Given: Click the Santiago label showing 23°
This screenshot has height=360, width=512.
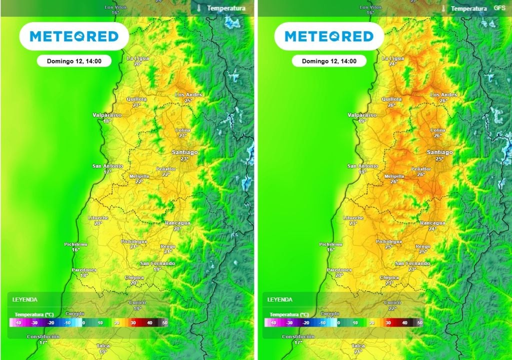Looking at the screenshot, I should click(x=184, y=155).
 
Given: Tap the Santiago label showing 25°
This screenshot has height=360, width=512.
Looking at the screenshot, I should click(x=439, y=155).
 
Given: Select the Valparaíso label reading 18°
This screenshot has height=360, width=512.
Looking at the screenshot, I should click(x=107, y=117).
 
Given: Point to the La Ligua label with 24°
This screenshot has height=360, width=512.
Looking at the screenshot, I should click(x=392, y=61).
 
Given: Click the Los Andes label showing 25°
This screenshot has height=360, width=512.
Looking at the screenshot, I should click(x=188, y=97).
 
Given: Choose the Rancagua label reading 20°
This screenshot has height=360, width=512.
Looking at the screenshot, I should click(x=177, y=225).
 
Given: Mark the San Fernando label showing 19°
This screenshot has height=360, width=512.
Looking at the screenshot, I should click(x=157, y=266).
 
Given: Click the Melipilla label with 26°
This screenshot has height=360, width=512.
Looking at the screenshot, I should click(x=394, y=179).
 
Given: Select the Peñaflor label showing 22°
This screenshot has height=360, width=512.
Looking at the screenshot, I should click(x=166, y=171).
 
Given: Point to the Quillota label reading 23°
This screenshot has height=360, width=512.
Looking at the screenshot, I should click(x=136, y=102).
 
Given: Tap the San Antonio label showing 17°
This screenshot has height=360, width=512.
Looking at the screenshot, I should click(x=107, y=168).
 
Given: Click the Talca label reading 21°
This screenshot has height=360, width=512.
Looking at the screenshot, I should click(x=358, y=348).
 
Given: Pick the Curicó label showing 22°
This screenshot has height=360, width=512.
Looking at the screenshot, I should click(x=392, y=305).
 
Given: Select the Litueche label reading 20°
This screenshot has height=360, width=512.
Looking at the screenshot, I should click(x=98, y=220).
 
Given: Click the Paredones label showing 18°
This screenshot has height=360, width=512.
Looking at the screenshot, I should click(x=84, y=272).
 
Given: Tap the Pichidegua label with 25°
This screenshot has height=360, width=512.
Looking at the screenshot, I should click(x=389, y=244).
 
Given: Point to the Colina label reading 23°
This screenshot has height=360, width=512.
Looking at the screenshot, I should click(x=182, y=132).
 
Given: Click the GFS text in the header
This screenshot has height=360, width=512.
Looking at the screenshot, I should click(x=499, y=8).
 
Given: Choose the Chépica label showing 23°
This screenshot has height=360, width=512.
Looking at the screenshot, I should click(x=389, y=280).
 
